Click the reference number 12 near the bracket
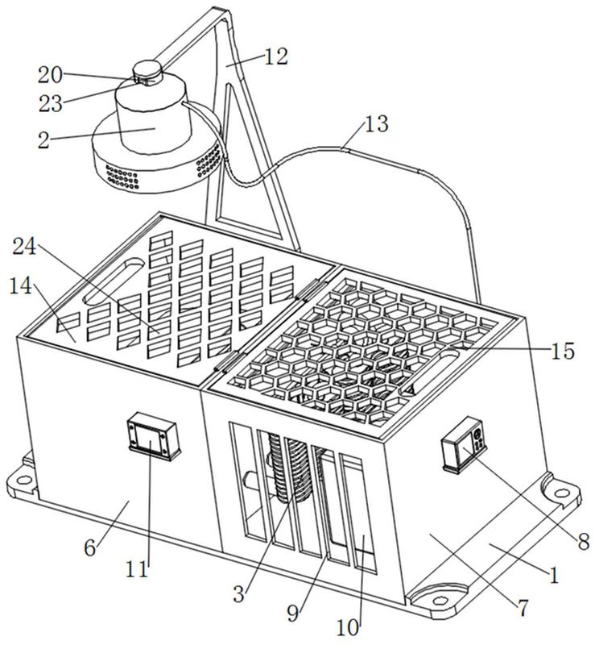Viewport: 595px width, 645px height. pos(275,56)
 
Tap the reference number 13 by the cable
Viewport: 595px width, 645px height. pos(376,123)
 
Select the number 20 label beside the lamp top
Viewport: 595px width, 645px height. pos(50,75)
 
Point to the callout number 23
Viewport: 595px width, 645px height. pos(51,103)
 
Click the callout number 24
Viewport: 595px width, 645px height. pos(25,247)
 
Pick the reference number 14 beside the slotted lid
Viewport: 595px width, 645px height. pos(21,285)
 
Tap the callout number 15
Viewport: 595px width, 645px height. pos(562,351)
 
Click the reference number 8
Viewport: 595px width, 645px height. pos(584,542)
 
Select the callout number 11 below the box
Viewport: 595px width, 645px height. pos(137,569)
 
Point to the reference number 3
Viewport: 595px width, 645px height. pos(239,594)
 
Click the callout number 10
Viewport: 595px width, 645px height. pos(348,627)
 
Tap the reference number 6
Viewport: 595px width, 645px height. pos(90,547)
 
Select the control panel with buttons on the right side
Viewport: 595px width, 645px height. pos(465,446)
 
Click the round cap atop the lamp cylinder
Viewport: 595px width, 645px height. pos(147,69)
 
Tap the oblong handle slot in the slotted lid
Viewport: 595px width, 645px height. pos(113,281)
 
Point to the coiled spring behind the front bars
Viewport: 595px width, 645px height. pos(291,469)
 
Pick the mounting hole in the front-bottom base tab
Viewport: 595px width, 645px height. pos(440,600)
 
